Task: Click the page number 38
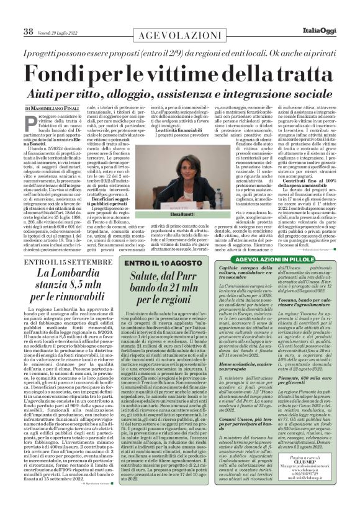coord(29,32)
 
